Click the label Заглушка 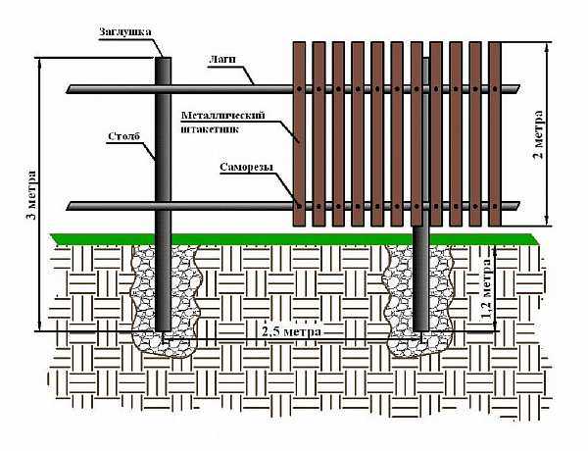(x=125, y=31)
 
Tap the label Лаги (x=221, y=62)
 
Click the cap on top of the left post (x=165, y=57)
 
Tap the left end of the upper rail (x=72, y=90)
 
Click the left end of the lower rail (x=72, y=206)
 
